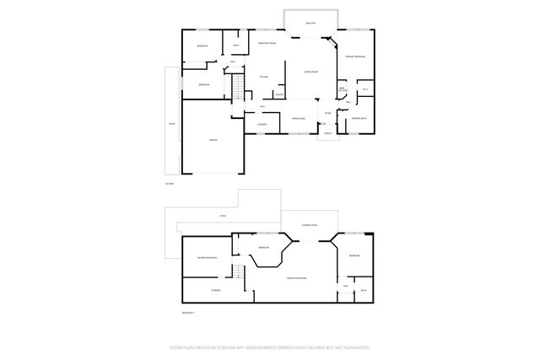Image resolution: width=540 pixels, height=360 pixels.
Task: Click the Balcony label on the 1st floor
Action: point(311,24)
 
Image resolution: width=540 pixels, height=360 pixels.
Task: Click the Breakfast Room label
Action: point(268,43)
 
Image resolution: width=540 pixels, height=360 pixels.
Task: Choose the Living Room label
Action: point(310,73)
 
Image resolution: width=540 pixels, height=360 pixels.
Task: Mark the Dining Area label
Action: point(298,118)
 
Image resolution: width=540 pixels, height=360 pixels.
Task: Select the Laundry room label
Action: point(262,124)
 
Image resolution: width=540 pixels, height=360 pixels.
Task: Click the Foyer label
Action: point(327,113)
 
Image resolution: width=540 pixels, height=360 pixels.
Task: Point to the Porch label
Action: point(327,132)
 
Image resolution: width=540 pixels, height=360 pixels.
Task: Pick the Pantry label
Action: point(278,94)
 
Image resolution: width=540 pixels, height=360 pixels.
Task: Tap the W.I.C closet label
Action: point(365,90)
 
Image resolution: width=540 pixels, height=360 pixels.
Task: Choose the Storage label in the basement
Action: point(204,290)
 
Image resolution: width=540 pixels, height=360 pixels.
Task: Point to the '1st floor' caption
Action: point(170,183)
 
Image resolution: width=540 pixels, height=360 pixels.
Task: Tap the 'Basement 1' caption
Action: point(188,312)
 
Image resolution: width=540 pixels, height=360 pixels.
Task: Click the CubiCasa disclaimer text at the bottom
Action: point(270,347)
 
